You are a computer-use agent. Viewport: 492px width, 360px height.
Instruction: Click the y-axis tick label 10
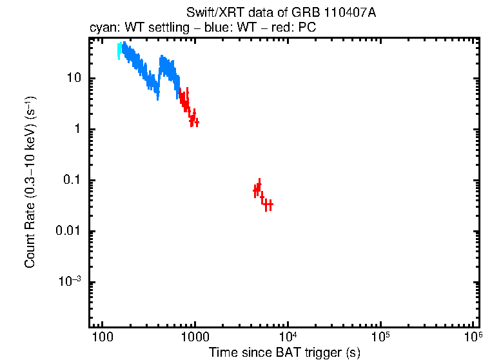pos(72,78)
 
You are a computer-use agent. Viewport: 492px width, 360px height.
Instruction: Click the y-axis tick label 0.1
pos(70,181)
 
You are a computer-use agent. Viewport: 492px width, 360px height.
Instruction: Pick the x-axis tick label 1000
pos(194,337)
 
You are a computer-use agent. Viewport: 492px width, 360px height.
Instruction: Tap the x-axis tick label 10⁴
pos(288,336)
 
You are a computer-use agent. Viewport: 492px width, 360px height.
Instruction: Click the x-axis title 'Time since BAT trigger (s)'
pos(284,352)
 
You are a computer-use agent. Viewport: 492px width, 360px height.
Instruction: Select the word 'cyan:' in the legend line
pos(101,28)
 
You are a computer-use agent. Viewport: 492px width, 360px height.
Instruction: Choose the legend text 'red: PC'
pos(296,28)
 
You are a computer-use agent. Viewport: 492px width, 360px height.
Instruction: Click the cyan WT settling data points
pos(119,50)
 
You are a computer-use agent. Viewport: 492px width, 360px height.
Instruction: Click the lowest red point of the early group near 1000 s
pos(196,122)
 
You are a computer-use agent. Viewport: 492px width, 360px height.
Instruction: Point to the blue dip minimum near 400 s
pos(157,88)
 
